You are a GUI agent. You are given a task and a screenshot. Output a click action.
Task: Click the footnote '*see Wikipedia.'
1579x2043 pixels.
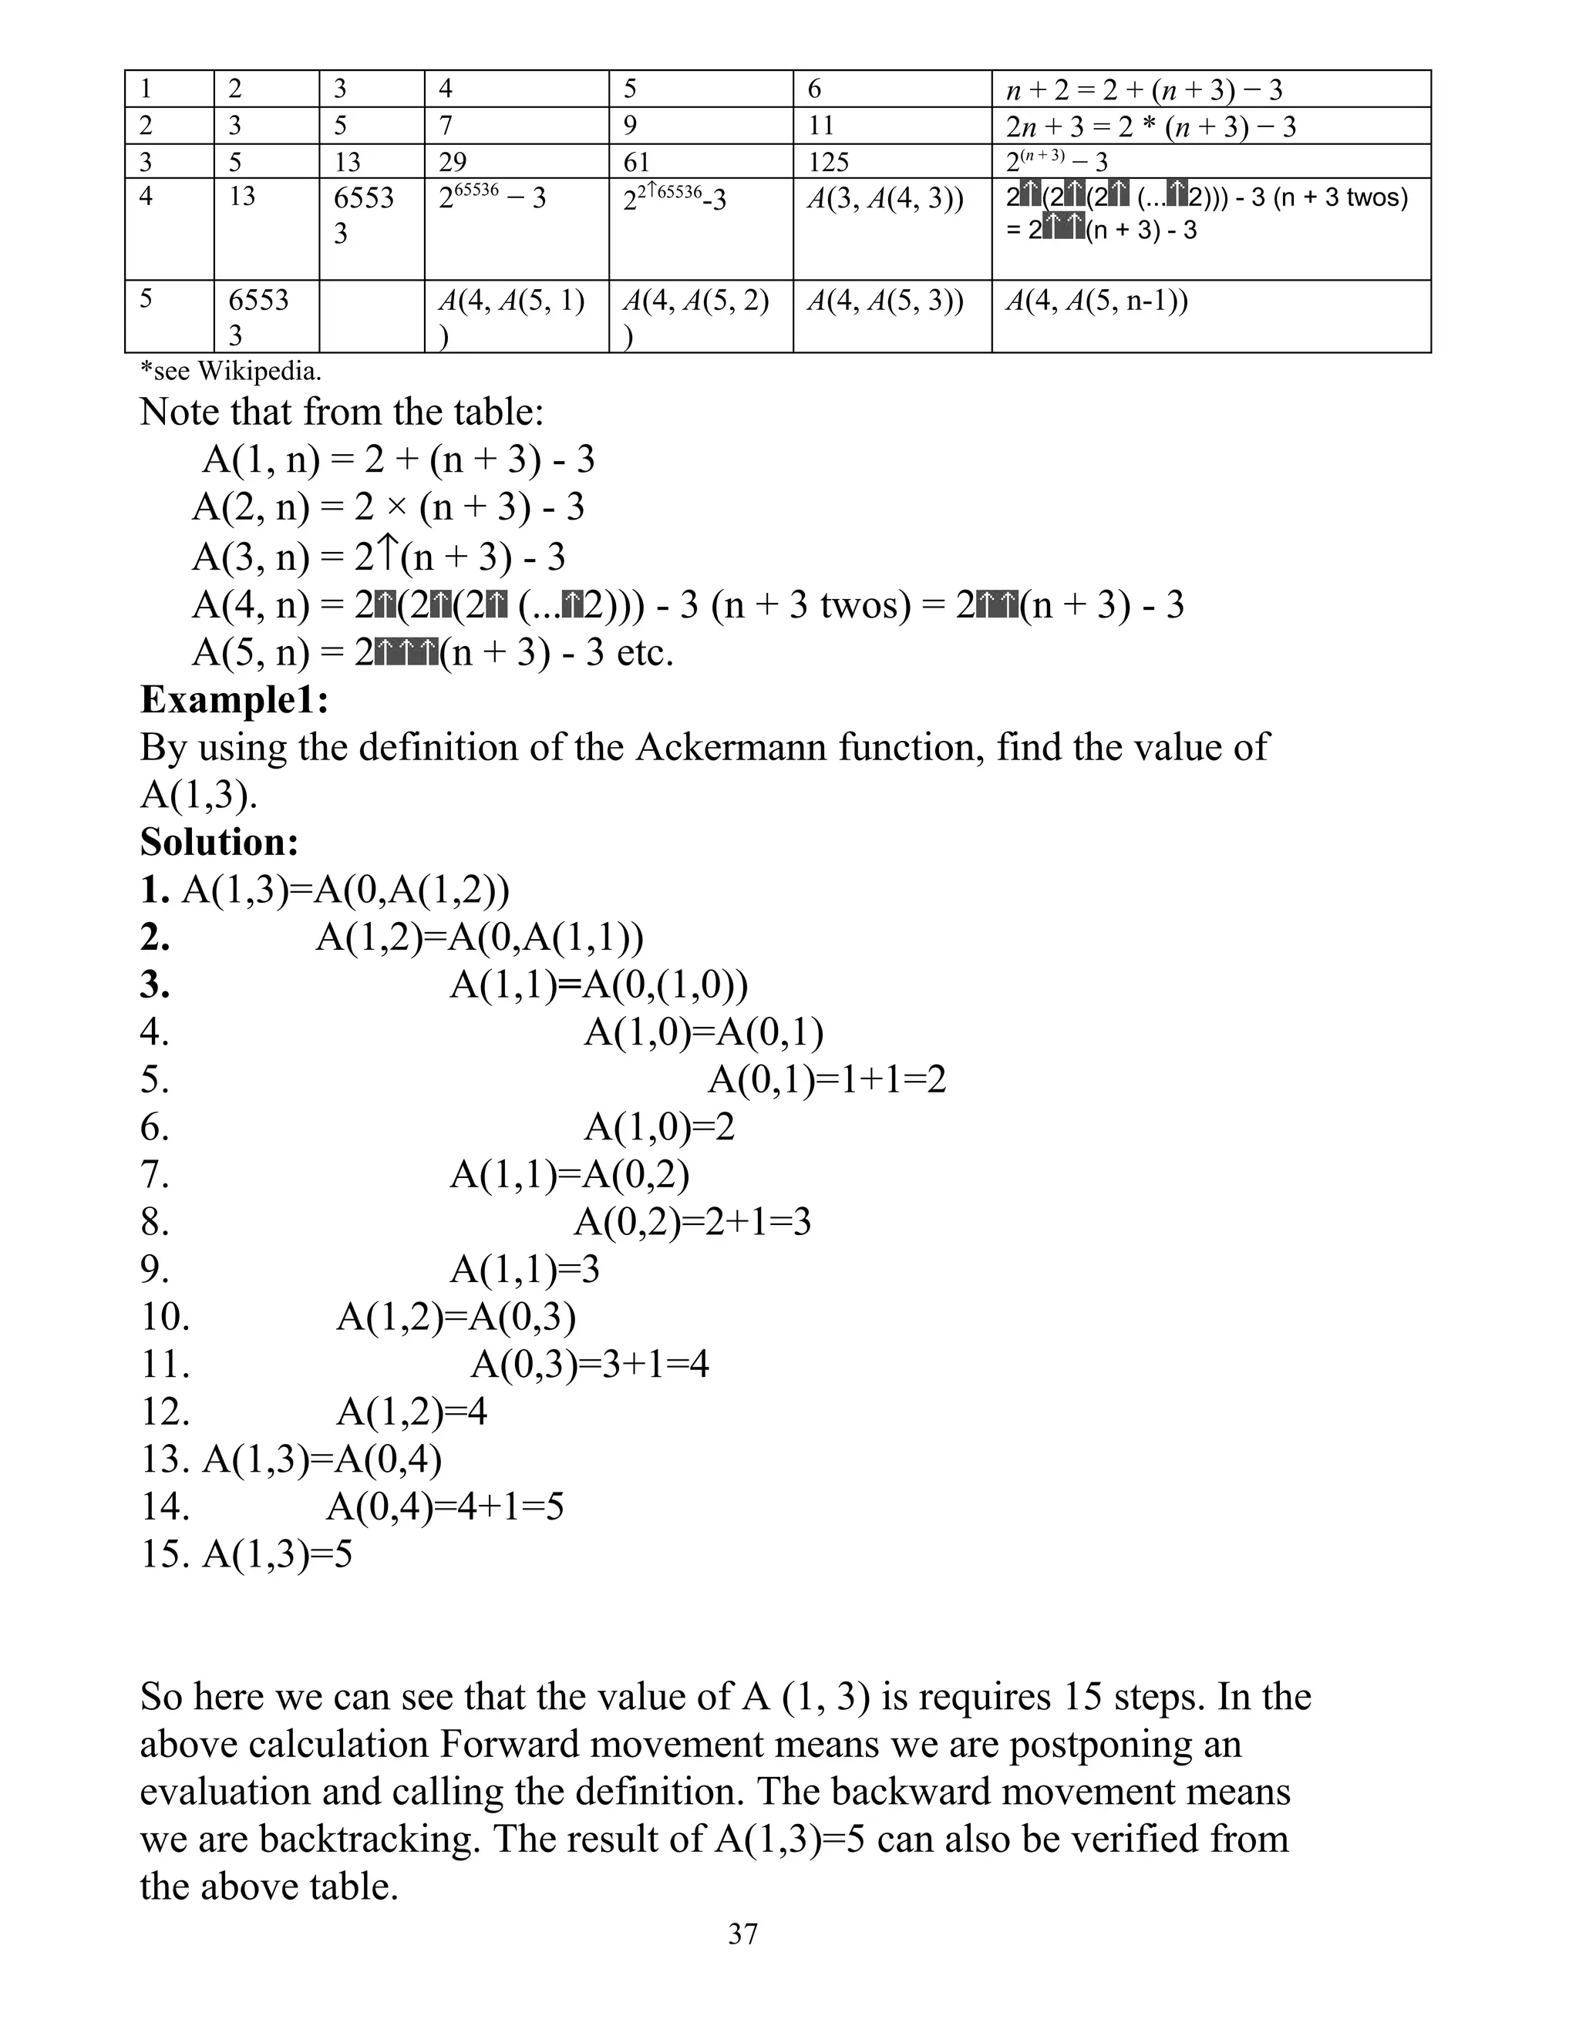(230, 372)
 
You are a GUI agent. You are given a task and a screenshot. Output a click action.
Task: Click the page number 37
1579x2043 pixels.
(742, 1934)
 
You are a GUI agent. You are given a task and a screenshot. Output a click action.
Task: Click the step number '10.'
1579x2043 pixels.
(166, 1316)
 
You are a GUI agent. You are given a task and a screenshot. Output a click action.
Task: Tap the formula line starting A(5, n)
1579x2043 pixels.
(433, 652)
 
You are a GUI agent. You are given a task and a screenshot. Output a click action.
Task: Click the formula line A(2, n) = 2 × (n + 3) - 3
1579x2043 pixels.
(389, 507)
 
